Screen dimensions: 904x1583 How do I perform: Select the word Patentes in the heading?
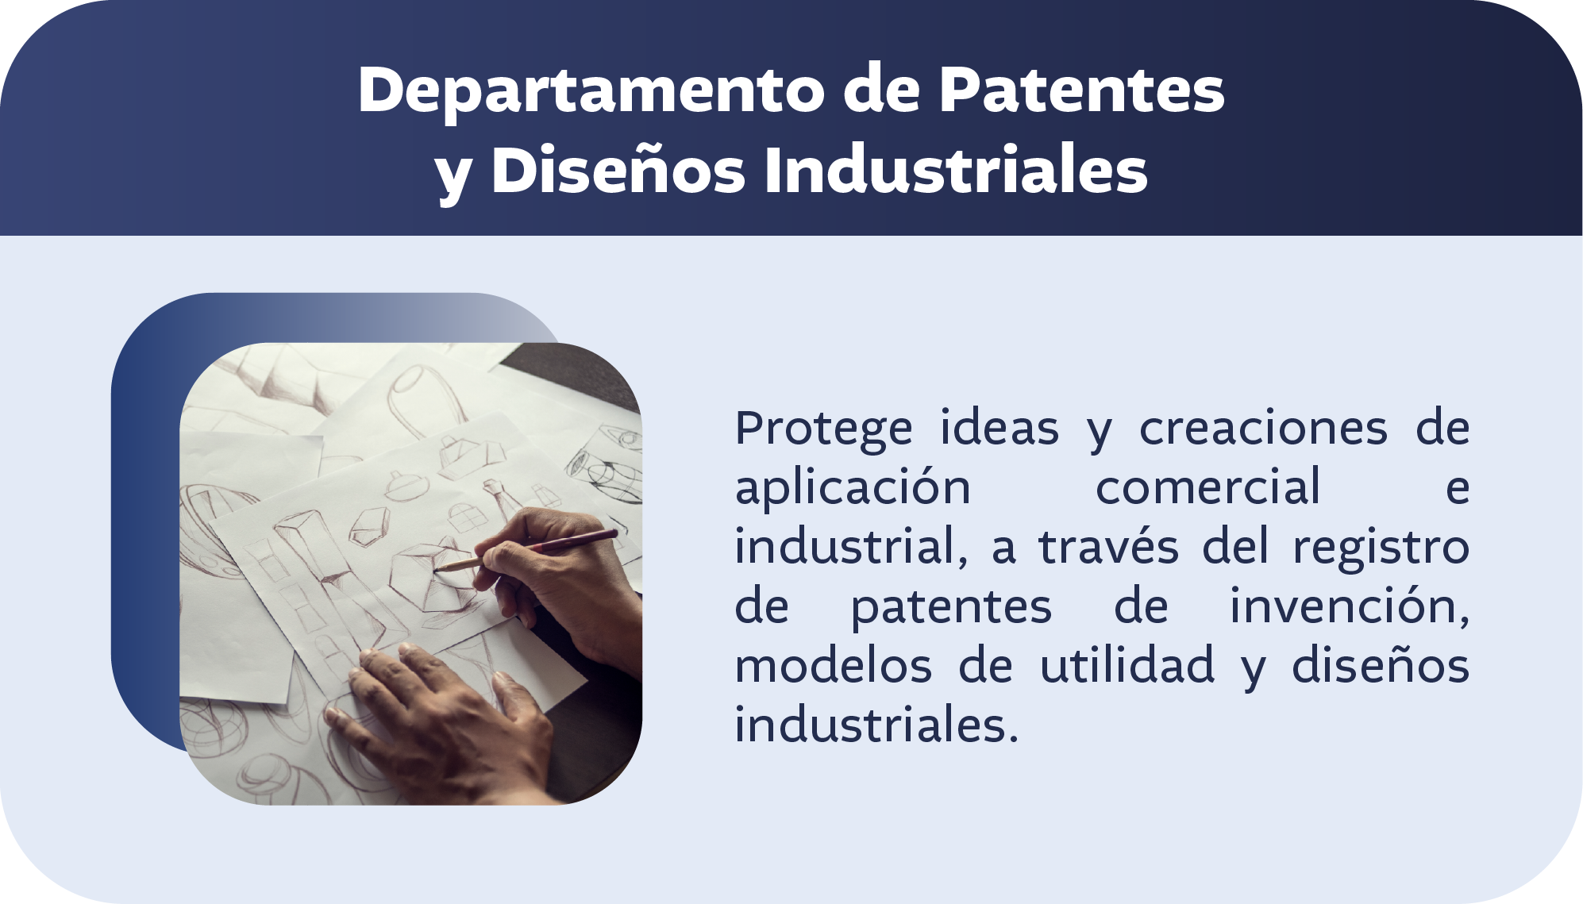click(1082, 90)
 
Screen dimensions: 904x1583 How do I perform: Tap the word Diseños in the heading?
click(618, 171)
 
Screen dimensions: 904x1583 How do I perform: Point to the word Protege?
click(823, 429)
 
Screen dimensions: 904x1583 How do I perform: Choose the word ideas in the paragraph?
click(999, 429)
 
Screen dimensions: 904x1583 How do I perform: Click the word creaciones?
click(1263, 429)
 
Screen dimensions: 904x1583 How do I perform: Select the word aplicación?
click(853, 488)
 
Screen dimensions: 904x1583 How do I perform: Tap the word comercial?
click(1207, 488)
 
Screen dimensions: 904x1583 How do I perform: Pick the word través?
click(1109, 548)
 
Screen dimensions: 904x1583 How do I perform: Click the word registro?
click(1381, 548)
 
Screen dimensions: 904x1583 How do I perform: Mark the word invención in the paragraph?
click(1349, 607)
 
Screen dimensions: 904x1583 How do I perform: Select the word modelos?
click(833, 666)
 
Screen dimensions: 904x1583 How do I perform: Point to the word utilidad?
click(1127, 666)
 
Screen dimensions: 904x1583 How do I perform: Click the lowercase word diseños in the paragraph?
click(1381, 666)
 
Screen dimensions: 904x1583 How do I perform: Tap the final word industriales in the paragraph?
click(876, 725)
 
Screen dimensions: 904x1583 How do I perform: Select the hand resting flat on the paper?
click(445, 714)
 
